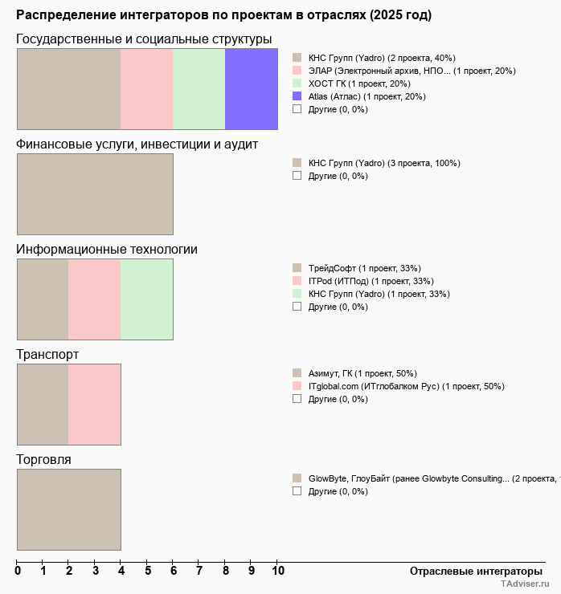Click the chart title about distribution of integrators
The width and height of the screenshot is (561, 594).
[x=223, y=15]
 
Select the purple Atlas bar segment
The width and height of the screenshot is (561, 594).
[x=252, y=88]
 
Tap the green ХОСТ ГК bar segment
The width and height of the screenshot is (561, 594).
[x=199, y=88]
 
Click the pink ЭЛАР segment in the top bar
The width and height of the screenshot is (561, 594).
[x=147, y=88]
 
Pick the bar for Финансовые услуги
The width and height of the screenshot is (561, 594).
[x=95, y=193]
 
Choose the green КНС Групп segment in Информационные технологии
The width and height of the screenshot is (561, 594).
[x=147, y=299]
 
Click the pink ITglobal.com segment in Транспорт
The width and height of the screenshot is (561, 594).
[x=95, y=404]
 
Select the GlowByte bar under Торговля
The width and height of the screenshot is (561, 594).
[x=69, y=509]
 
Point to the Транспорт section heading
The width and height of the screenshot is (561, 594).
[x=47, y=354]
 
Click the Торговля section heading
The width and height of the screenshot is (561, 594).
[x=43, y=459]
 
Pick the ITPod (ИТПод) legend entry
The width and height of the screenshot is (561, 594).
[x=371, y=281]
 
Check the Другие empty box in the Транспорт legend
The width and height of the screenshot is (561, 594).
[x=297, y=398]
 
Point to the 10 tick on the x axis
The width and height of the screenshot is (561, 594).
[x=277, y=571]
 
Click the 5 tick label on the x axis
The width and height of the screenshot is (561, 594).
[x=147, y=571]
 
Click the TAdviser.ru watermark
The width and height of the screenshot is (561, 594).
[x=525, y=585]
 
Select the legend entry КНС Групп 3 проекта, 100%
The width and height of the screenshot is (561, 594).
[x=383, y=163]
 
